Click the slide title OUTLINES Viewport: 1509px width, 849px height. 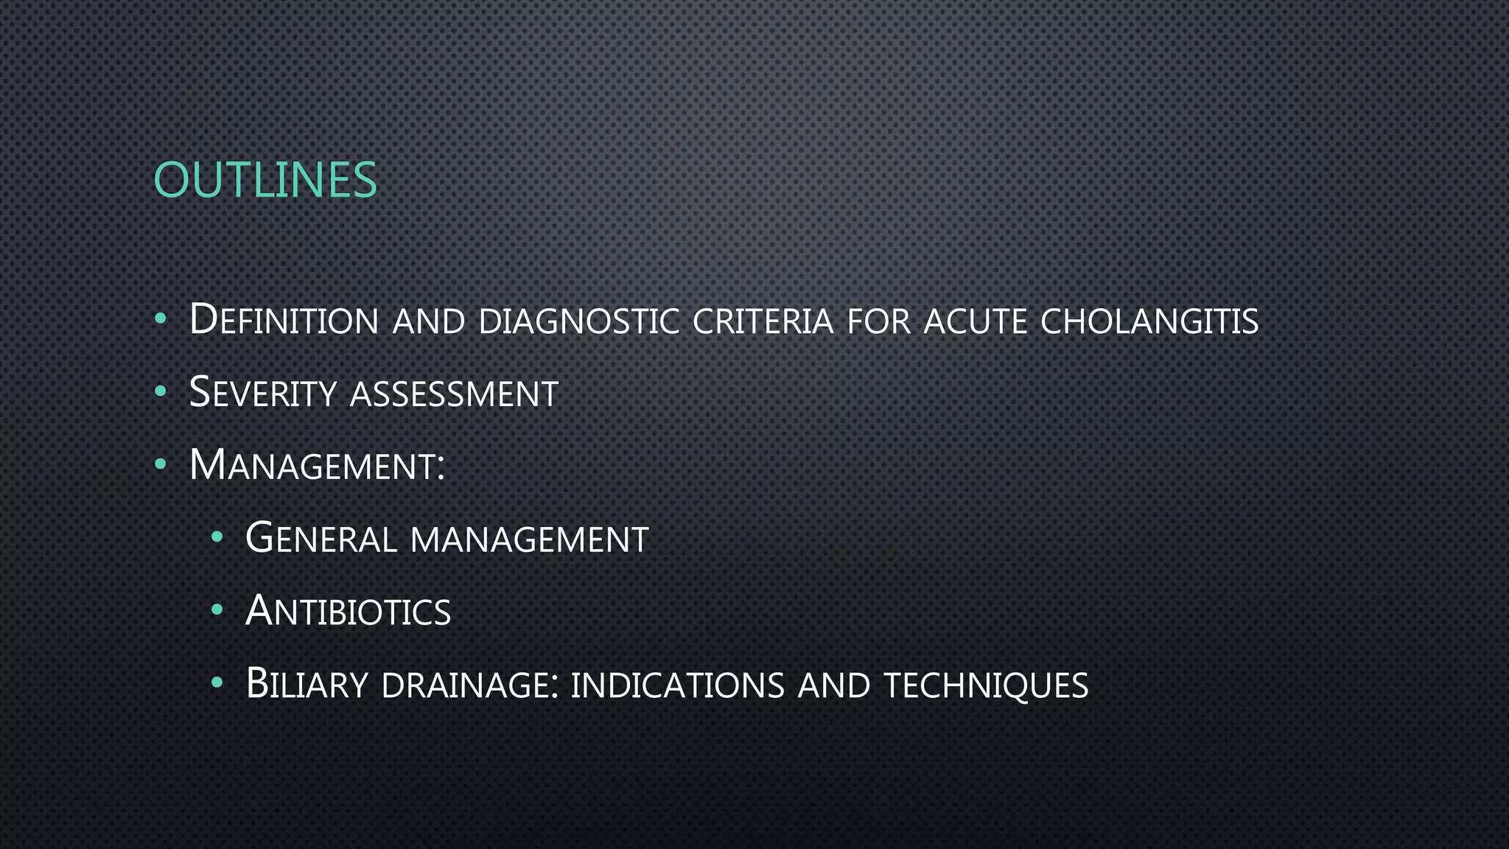[x=265, y=180]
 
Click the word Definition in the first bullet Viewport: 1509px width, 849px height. [x=284, y=320]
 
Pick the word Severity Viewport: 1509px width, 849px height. [x=263, y=392]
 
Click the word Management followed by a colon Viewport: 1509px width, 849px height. [x=317, y=466]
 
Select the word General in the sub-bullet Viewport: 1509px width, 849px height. [x=321, y=538]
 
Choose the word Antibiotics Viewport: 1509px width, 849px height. [x=348, y=611]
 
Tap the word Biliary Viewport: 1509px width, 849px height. [x=307, y=684]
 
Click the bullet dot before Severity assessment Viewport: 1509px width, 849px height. [x=161, y=392]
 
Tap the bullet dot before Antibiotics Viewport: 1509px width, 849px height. [x=217, y=610]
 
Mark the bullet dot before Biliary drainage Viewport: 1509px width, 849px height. [x=217, y=683]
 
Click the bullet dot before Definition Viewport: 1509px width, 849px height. [x=161, y=320]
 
